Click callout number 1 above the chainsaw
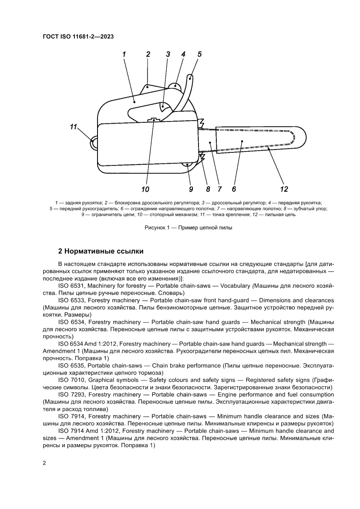[x=124, y=54]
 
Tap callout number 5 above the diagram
[x=199, y=54]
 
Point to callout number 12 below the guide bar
[x=284, y=189]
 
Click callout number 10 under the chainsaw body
[x=145, y=189]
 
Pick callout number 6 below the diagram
[x=234, y=189]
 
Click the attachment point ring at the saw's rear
[x=94, y=142]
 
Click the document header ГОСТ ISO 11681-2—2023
[x=78, y=37]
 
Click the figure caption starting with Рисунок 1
[x=188, y=228]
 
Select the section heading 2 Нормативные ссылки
[x=101, y=252]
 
